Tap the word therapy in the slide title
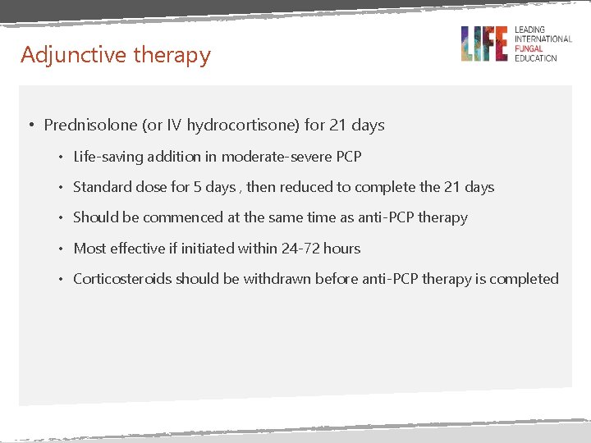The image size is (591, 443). pos(172,55)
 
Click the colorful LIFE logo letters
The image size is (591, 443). pos(484,43)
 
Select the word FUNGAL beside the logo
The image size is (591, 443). pos(529,48)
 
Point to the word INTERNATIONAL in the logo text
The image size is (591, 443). pos(543,39)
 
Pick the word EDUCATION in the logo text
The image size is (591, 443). pos(535,58)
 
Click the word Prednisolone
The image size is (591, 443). pos(90,126)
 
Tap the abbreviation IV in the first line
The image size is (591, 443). pos(174,126)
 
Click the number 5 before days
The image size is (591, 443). pos(198,187)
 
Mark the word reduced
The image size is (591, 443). pos(305,187)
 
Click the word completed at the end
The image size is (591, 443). pos(524,279)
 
